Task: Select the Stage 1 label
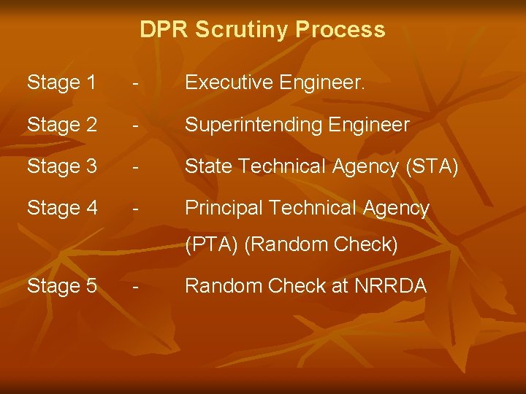pos(61,83)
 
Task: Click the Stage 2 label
pos(61,125)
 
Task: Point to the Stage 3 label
pos(61,166)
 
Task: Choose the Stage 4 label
pos(61,208)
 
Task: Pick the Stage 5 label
pos(61,286)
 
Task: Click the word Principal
pos(224,208)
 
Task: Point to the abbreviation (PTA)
pos(212,245)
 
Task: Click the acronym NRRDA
pos(391,286)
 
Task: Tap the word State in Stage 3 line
pos(207,166)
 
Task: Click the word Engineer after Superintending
pos(368,125)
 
